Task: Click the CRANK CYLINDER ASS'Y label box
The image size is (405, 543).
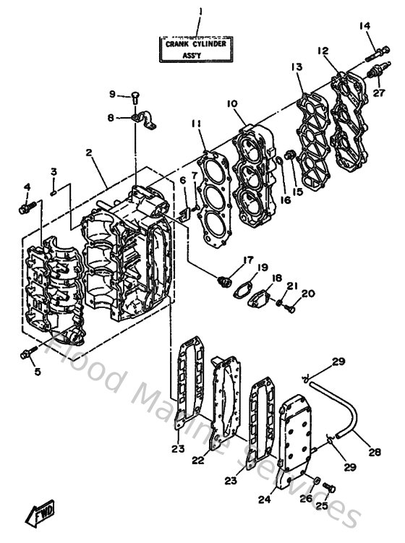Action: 197,49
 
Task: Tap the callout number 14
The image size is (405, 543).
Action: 364,26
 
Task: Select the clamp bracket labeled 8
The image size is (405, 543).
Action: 146,117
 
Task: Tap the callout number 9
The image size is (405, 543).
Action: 113,94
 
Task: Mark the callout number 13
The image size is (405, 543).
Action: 297,67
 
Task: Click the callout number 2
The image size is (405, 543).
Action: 88,153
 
